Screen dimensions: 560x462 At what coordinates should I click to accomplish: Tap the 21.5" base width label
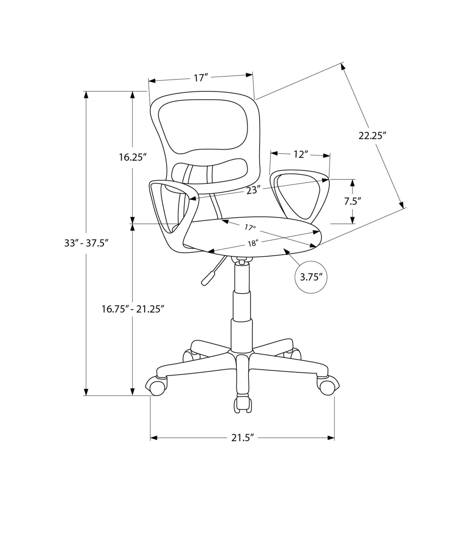coord(242,438)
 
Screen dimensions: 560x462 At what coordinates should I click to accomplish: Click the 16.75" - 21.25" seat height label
coord(133,309)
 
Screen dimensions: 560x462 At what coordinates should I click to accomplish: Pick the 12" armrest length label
coord(300,154)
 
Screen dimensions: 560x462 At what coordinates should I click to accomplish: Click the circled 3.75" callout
coord(311,277)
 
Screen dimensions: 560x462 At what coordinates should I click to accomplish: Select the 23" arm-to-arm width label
coord(253,190)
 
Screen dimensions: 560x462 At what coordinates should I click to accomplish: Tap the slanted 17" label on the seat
coord(250,228)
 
